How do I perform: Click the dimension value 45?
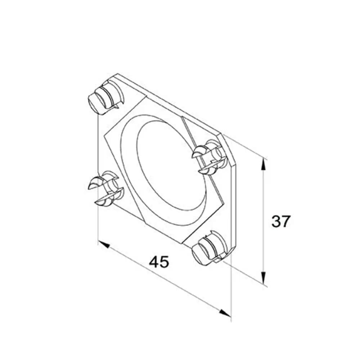(x=159, y=262)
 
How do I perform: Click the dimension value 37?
(x=281, y=221)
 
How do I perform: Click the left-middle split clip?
(x=105, y=188)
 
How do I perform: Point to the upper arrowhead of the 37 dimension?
(x=264, y=165)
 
